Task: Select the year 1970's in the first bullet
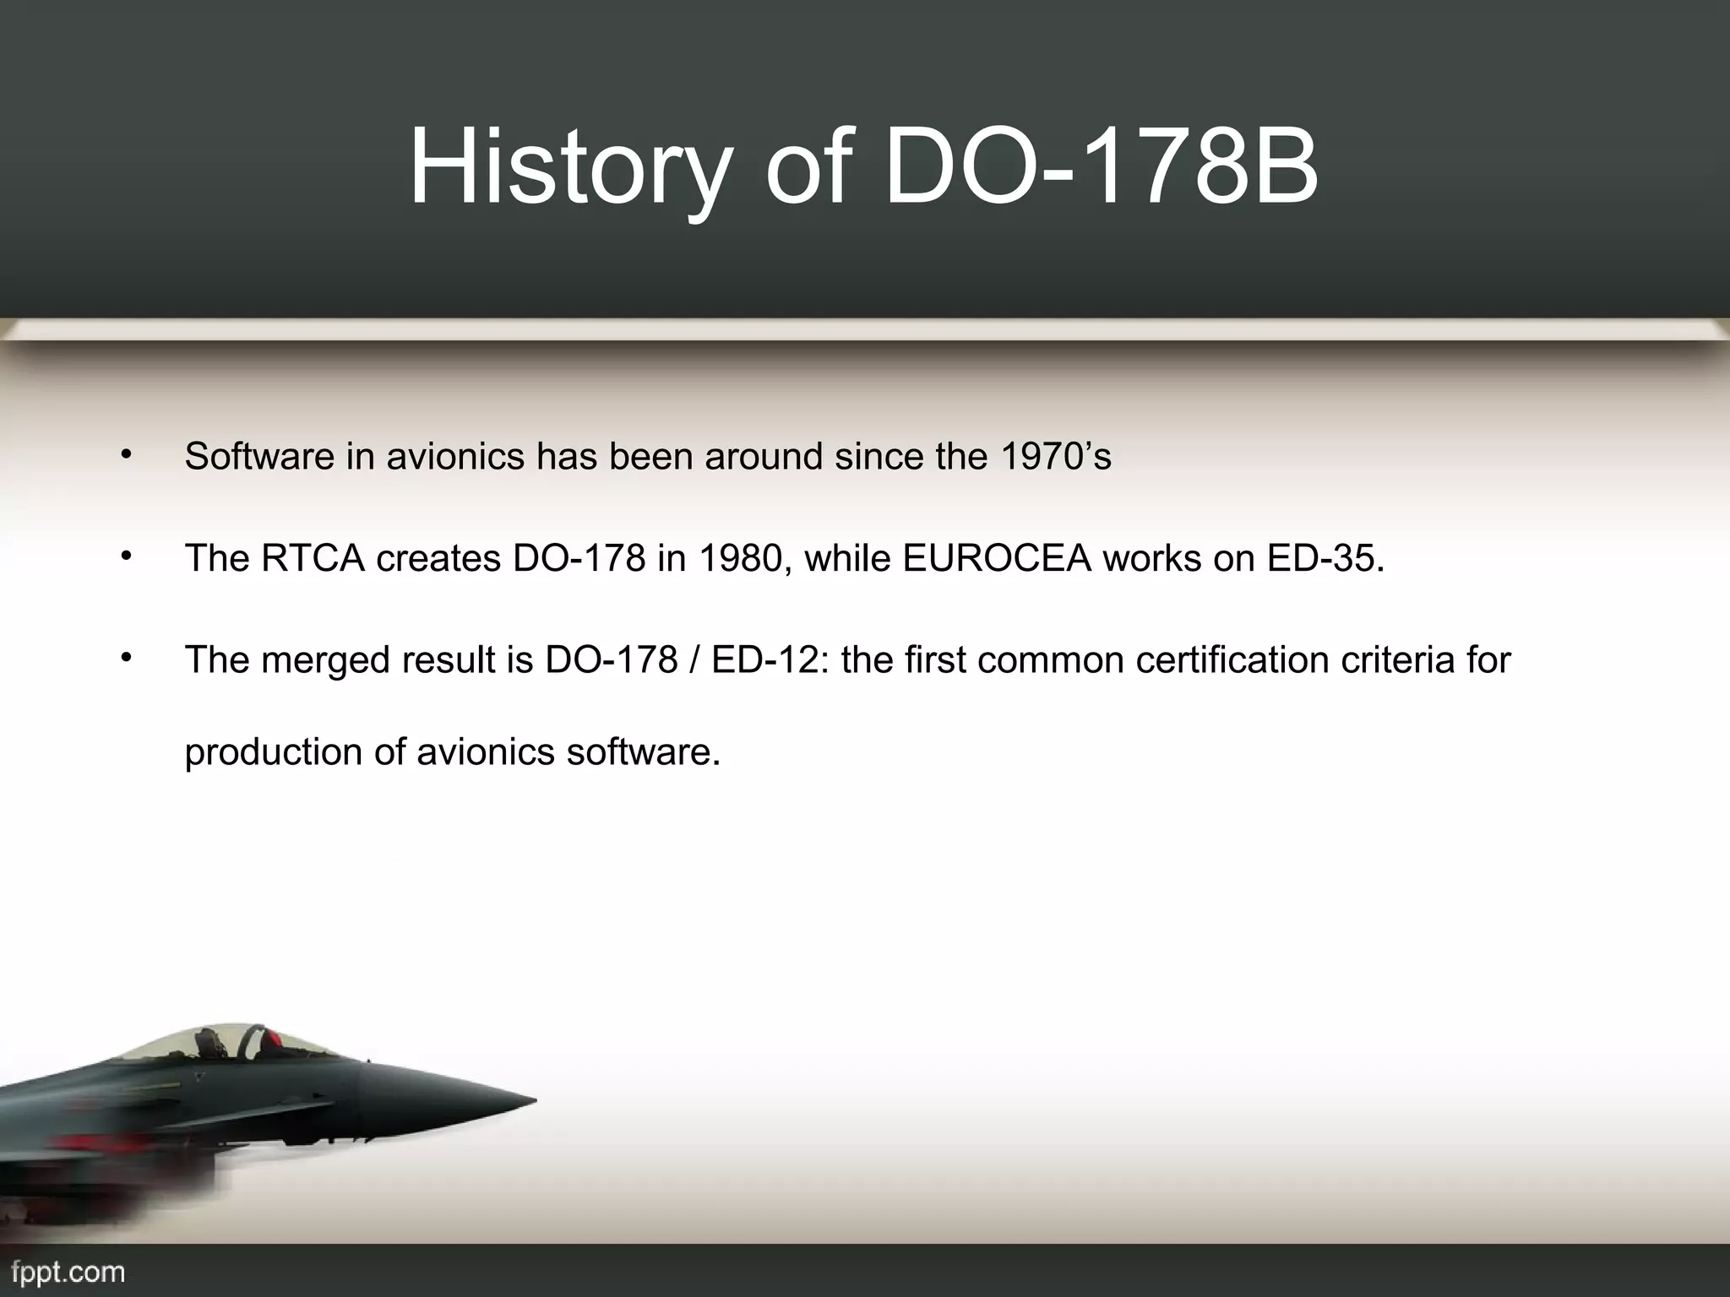[x=1055, y=457]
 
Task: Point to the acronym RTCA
[x=313, y=558]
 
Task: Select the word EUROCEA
[x=998, y=558]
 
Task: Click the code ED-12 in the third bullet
[x=767, y=659]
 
